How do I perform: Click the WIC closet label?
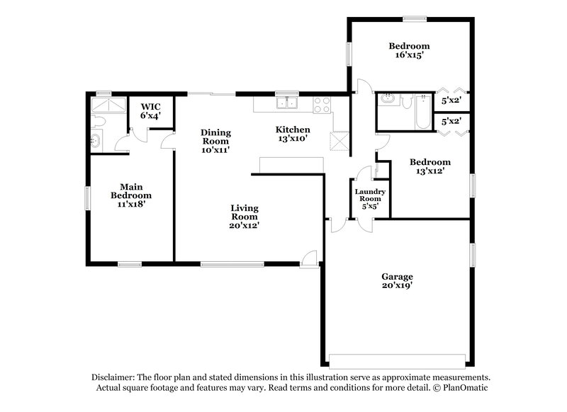pyautogui.click(x=150, y=107)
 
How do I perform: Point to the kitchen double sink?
pyautogui.click(x=287, y=103)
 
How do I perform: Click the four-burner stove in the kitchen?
pyautogui.click(x=320, y=103)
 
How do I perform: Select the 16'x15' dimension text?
pyautogui.click(x=409, y=55)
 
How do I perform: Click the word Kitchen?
pyautogui.click(x=293, y=130)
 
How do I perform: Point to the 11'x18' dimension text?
pyautogui.click(x=131, y=203)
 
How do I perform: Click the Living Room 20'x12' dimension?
pyautogui.click(x=244, y=226)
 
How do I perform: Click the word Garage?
pyautogui.click(x=396, y=276)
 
